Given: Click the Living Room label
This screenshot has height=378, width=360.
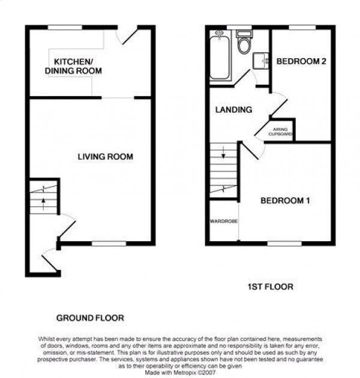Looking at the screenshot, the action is coord(106,157).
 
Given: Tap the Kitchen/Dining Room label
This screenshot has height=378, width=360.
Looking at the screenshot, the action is coord(73,66).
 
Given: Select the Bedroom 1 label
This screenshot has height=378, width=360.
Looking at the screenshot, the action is coord(285,200).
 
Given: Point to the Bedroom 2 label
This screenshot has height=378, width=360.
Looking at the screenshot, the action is coord(301,61).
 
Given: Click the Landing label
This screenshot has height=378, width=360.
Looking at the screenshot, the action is coord(233,110).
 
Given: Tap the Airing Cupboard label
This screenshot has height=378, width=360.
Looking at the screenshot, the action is coord(281,132).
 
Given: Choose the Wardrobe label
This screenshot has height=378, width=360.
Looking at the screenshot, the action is coord(224,221).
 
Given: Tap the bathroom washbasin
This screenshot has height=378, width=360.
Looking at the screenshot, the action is coord(260,61).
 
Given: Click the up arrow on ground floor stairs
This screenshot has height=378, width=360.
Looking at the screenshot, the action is coord(43,204).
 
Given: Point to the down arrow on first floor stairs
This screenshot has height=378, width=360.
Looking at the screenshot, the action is coord(223,152).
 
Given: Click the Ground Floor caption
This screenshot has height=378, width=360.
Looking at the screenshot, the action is coord(90,318).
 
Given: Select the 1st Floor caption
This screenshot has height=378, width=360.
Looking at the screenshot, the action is coord(271,287).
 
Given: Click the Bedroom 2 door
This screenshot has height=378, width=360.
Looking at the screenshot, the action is coord(279,104).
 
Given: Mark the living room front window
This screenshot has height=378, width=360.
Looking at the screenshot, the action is coord(109,244).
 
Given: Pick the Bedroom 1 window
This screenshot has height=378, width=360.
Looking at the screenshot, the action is coord(284,244).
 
